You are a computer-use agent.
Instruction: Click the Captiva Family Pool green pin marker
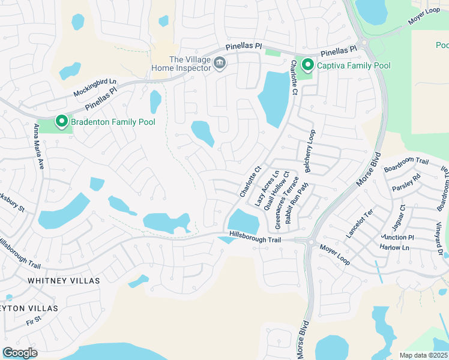pyautogui.click(x=307, y=64)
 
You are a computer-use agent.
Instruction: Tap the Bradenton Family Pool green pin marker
pyautogui.click(x=61, y=121)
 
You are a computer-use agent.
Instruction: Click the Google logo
pyautogui.click(x=20, y=353)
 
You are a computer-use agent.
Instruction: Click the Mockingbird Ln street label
pyautogui.click(x=95, y=88)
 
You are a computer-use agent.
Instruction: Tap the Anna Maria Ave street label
pyautogui.click(x=39, y=146)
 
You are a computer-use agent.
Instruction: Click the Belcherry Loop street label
pyautogui.click(x=310, y=151)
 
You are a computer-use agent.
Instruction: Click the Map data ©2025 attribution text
pyautogui.click(x=424, y=355)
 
